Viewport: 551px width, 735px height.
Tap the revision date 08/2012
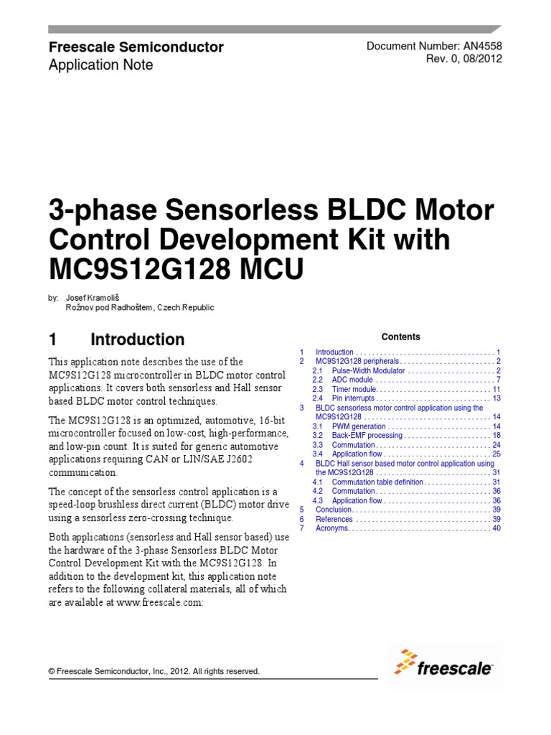click(483, 59)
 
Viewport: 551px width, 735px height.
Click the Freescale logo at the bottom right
click(444, 665)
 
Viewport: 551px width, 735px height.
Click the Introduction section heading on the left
click(137, 340)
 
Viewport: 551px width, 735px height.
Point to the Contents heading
click(401, 337)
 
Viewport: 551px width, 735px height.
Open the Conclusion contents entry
click(334, 510)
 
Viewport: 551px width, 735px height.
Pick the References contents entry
click(334, 519)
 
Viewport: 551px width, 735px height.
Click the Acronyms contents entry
click(332, 528)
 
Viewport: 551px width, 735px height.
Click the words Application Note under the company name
click(100, 65)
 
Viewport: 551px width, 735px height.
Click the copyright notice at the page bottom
click(154, 672)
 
